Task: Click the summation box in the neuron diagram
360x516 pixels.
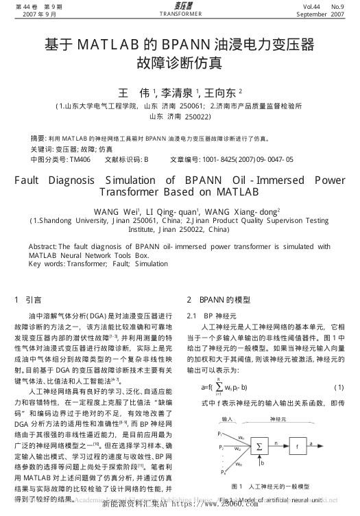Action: [261, 446]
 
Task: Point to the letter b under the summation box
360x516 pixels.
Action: [262, 463]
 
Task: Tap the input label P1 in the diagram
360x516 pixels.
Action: [220, 434]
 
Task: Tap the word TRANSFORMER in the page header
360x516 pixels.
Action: [180, 14]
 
